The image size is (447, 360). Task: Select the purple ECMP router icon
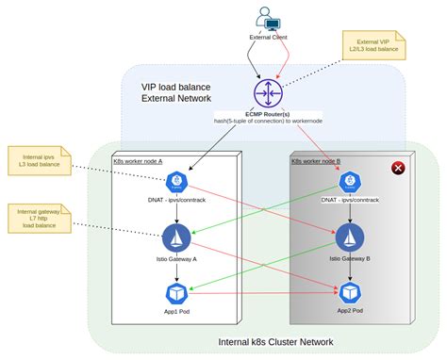pyautogui.click(x=267, y=92)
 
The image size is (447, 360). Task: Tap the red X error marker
pyautogui.click(x=398, y=169)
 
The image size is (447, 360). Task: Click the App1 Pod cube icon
pyautogui.click(x=175, y=292)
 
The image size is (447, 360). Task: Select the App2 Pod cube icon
pyautogui.click(x=350, y=292)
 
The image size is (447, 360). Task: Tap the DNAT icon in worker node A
pyautogui.click(x=175, y=182)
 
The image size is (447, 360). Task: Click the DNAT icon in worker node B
pyautogui.click(x=350, y=182)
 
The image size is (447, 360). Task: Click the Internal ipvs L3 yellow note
pyautogui.click(x=38, y=161)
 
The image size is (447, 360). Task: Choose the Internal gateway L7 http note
pyautogui.click(x=38, y=219)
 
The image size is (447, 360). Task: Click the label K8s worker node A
pyautogui.click(x=139, y=160)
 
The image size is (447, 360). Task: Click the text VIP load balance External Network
pyautogui.click(x=176, y=92)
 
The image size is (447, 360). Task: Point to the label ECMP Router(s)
pyautogui.click(x=267, y=113)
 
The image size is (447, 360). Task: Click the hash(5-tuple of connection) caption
pyautogui.click(x=267, y=122)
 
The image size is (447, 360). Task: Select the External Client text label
pyautogui.click(x=268, y=37)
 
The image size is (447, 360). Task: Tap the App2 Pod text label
pyautogui.click(x=350, y=310)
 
